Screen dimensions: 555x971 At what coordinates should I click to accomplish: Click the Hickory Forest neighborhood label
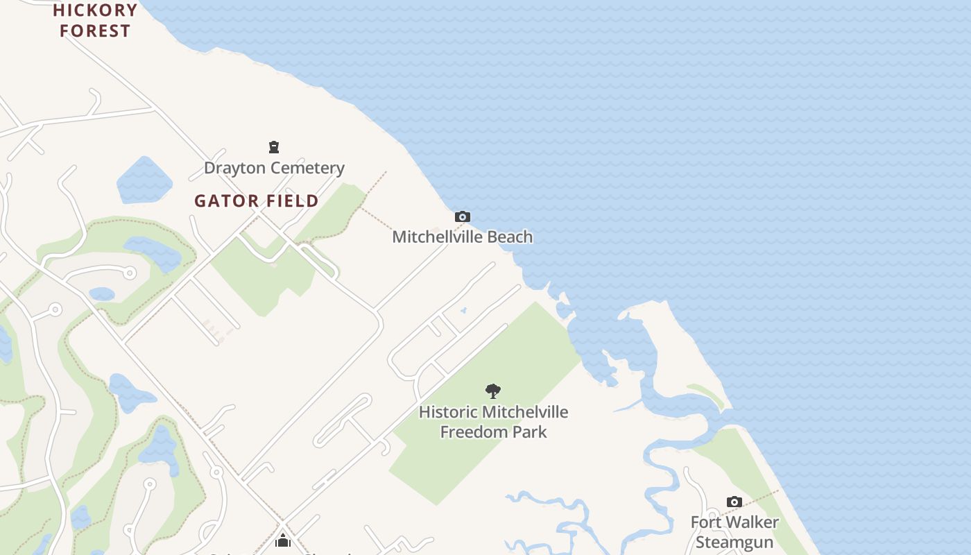pyautogui.click(x=95, y=20)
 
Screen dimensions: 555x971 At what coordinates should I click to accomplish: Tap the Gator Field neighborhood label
pyautogui.click(x=256, y=201)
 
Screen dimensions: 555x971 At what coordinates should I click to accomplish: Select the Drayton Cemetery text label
pyautogui.click(x=274, y=168)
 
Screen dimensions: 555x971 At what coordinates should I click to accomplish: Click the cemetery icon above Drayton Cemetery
pyautogui.click(x=274, y=147)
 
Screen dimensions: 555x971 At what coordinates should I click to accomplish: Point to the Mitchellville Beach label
pyautogui.click(x=463, y=237)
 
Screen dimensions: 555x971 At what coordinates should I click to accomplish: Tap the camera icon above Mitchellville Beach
pyautogui.click(x=463, y=217)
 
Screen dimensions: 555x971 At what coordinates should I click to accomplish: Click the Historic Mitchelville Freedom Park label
pyautogui.click(x=493, y=422)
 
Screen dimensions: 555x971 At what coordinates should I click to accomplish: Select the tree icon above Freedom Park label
pyautogui.click(x=493, y=391)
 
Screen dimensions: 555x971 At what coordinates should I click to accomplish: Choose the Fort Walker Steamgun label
pyautogui.click(x=734, y=531)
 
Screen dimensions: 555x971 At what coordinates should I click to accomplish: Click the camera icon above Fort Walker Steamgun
pyautogui.click(x=734, y=502)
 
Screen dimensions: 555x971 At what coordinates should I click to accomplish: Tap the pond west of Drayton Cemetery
pyautogui.click(x=144, y=180)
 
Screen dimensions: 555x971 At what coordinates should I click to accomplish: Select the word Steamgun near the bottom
pyautogui.click(x=734, y=542)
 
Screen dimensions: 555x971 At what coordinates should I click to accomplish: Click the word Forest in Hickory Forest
pyautogui.click(x=95, y=31)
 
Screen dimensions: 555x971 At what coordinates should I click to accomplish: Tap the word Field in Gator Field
pyautogui.click(x=290, y=201)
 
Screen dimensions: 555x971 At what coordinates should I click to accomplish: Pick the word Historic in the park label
pyautogui.click(x=448, y=412)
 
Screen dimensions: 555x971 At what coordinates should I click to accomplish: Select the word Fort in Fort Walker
pyautogui.click(x=706, y=522)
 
